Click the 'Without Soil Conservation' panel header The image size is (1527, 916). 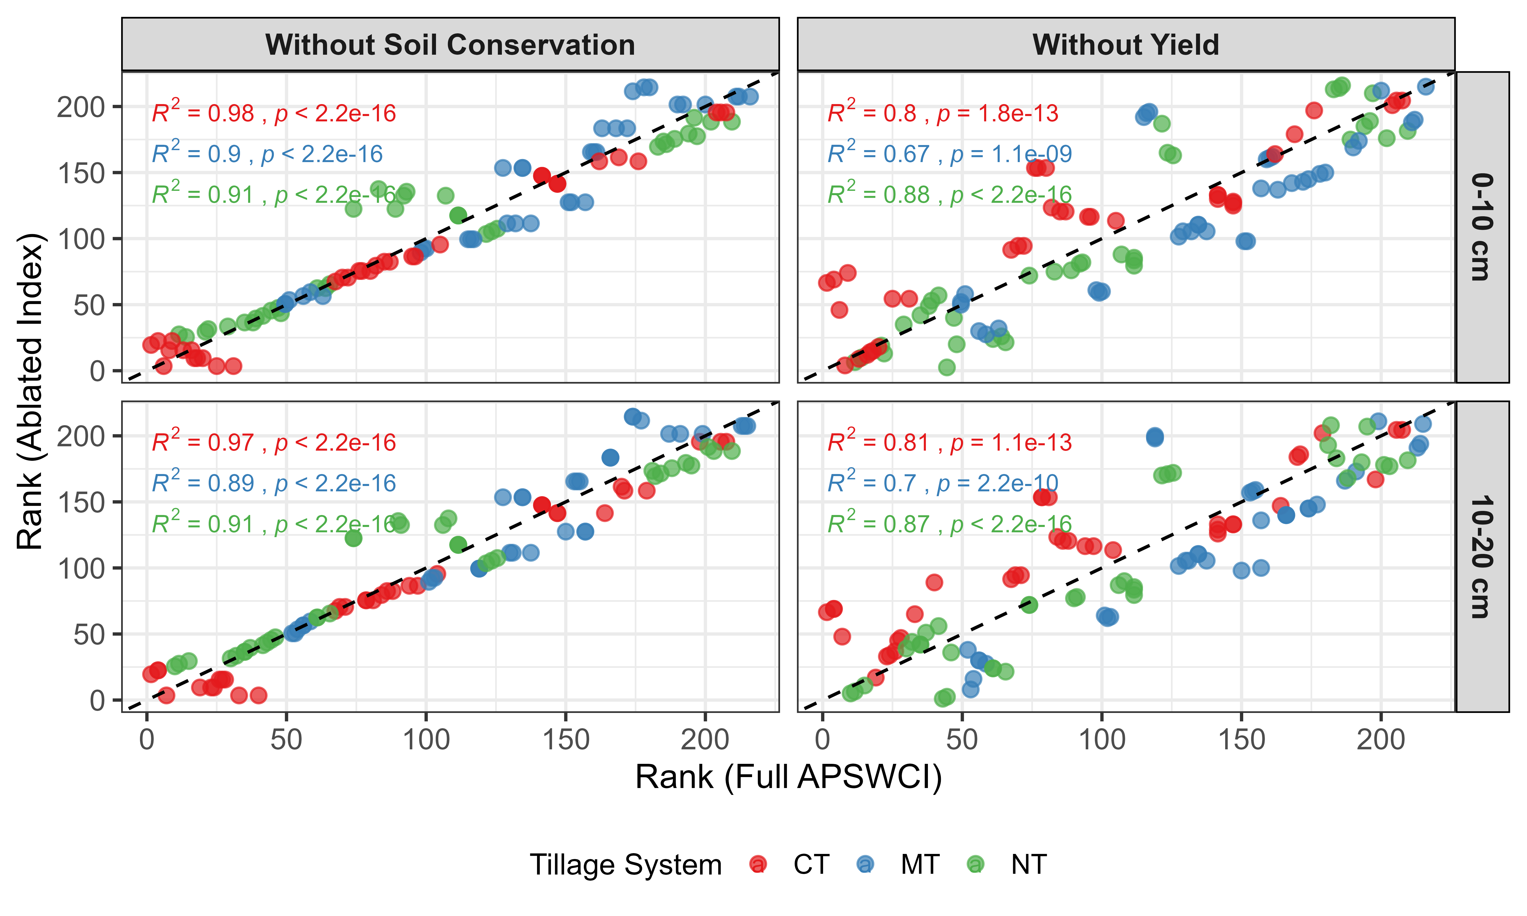click(450, 45)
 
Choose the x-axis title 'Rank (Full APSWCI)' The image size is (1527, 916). click(788, 777)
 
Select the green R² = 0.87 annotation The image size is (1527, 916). click(949, 524)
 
